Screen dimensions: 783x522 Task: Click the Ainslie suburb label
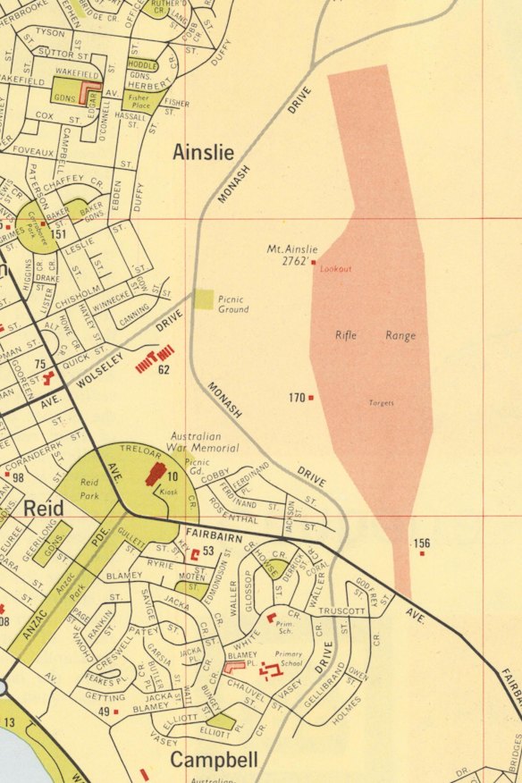click(x=209, y=154)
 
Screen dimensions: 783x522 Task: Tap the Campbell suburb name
click(x=215, y=761)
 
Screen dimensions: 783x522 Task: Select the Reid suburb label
click(x=43, y=509)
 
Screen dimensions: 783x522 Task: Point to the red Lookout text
click(x=336, y=269)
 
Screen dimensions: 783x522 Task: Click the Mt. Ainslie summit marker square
click(x=314, y=262)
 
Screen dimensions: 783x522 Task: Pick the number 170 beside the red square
click(x=298, y=398)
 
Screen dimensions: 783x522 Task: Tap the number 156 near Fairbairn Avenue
click(x=422, y=543)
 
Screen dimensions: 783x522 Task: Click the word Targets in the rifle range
click(x=382, y=403)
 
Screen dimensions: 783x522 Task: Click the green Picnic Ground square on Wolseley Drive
click(x=205, y=299)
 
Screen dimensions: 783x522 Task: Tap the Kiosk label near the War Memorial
click(x=170, y=492)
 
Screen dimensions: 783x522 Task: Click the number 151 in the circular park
click(x=59, y=234)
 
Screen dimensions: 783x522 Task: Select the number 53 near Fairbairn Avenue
click(x=208, y=551)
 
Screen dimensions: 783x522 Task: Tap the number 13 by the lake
click(x=10, y=722)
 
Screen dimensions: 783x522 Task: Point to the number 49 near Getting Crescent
click(x=104, y=711)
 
